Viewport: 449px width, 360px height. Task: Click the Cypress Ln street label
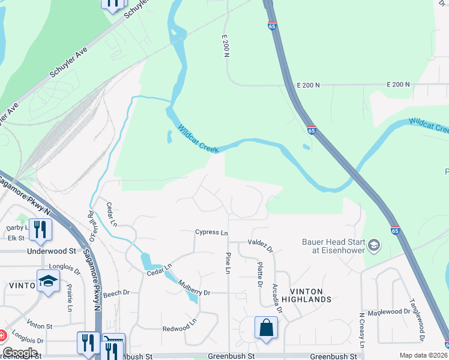[212, 232]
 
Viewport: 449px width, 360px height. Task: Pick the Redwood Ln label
[179, 329]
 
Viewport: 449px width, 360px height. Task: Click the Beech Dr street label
[116, 293]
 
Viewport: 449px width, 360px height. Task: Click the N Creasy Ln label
[362, 330]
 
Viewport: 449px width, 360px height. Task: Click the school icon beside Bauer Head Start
[374, 245]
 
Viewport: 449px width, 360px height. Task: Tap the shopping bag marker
[266, 328]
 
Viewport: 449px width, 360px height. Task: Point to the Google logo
[20, 353]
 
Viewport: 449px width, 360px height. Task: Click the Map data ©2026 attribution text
[423, 355]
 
